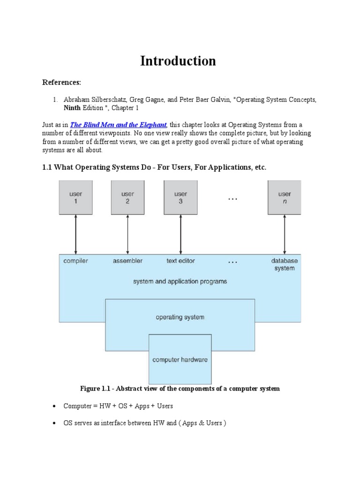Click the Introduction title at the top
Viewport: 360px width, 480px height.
(x=178, y=61)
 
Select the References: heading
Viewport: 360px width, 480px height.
(x=61, y=82)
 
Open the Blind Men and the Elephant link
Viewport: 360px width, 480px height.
(x=118, y=125)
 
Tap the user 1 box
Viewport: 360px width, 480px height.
(x=75, y=197)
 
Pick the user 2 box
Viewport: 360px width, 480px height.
(x=127, y=197)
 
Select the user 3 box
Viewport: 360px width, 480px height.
(x=180, y=197)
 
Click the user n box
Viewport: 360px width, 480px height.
(x=285, y=197)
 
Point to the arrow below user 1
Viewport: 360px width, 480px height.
(x=75, y=234)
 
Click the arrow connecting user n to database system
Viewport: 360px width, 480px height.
(x=285, y=234)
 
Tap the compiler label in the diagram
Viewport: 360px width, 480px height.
(x=75, y=261)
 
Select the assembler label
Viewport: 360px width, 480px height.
(x=127, y=261)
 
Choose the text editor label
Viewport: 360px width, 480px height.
(x=180, y=261)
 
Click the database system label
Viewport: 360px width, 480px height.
(x=284, y=264)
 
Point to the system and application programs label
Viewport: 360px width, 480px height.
(x=180, y=282)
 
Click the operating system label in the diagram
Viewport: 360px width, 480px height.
(x=180, y=317)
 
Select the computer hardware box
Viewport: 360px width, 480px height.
(x=180, y=360)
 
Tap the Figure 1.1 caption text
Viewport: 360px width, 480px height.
(x=180, y=389)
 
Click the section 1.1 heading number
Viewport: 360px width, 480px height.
(x=47, y=168)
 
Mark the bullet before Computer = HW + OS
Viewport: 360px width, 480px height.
(x=54, y=406)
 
